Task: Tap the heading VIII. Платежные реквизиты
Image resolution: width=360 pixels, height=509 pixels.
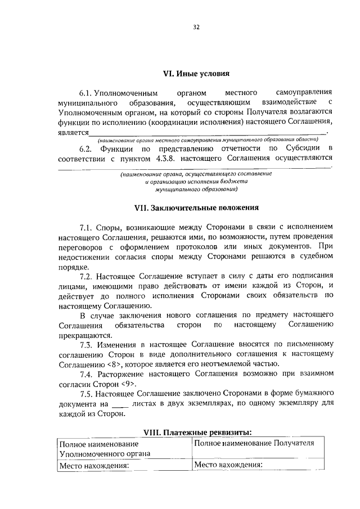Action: tap(196, 432)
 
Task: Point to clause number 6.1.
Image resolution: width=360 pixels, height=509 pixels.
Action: tap(85, 92)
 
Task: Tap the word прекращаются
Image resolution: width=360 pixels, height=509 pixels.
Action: tap(80, 334)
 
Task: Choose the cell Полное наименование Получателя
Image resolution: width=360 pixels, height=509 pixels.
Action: tap(253, 443)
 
